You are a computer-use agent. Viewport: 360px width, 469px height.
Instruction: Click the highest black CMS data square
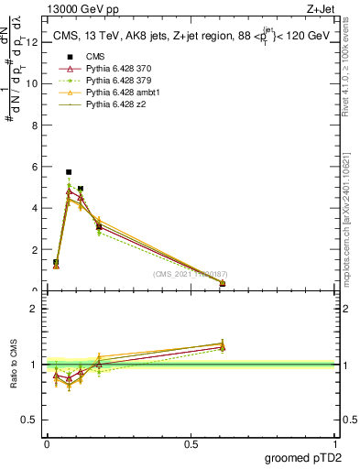[69, 171]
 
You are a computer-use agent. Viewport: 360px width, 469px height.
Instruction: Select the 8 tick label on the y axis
[34, 125]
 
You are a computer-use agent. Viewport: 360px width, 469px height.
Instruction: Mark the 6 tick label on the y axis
[34, 167]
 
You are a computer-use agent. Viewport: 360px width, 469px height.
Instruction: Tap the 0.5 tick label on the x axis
[191, 444]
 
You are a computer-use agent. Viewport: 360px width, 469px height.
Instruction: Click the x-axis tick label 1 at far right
[335, 444]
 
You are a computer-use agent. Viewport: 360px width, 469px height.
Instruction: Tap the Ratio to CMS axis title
[14, 364]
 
